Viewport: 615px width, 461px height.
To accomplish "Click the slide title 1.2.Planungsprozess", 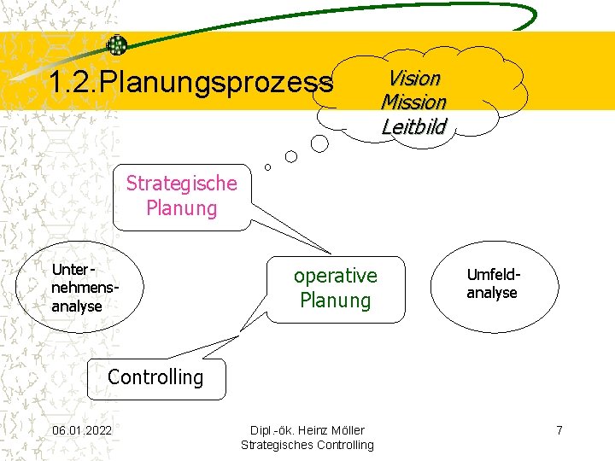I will pyautogui.click(x=190, y=83).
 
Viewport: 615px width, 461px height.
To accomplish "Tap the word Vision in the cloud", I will pyautogui.click(x=414, y=79).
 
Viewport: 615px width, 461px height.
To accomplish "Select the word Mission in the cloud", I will pyautogui.click(x=413, y=102).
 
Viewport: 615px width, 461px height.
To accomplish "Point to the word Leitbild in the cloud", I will pyautogui.click(x=413, y=127).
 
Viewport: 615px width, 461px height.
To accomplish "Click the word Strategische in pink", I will pyautogui.click(x=181, y=183).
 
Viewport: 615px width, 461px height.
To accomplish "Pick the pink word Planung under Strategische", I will pyautogui.click(x=181, y=208).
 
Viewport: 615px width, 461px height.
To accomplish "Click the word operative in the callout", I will pyautogui.click(x=335, y=276).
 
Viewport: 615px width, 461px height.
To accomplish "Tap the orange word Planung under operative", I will pyautogui.click(x=335, y=301).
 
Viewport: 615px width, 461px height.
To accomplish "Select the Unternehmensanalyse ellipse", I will pyautogui.click(x=78, y=289).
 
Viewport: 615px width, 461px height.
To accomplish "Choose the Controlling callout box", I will pyautogui.click(x=155, y=378).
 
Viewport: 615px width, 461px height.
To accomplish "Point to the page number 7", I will pyautogui.click(x=559, y=429).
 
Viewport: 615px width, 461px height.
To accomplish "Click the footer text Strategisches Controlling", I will pyautogui.click(x=307, y=445).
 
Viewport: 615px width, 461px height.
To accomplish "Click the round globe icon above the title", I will pyautogui.click(x=117, y=45).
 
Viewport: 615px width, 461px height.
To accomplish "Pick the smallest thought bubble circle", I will pyautogui.click(x=267, y=166).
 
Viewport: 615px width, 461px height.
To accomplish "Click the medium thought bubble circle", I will pyautogui.click(x=291, y=156).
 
